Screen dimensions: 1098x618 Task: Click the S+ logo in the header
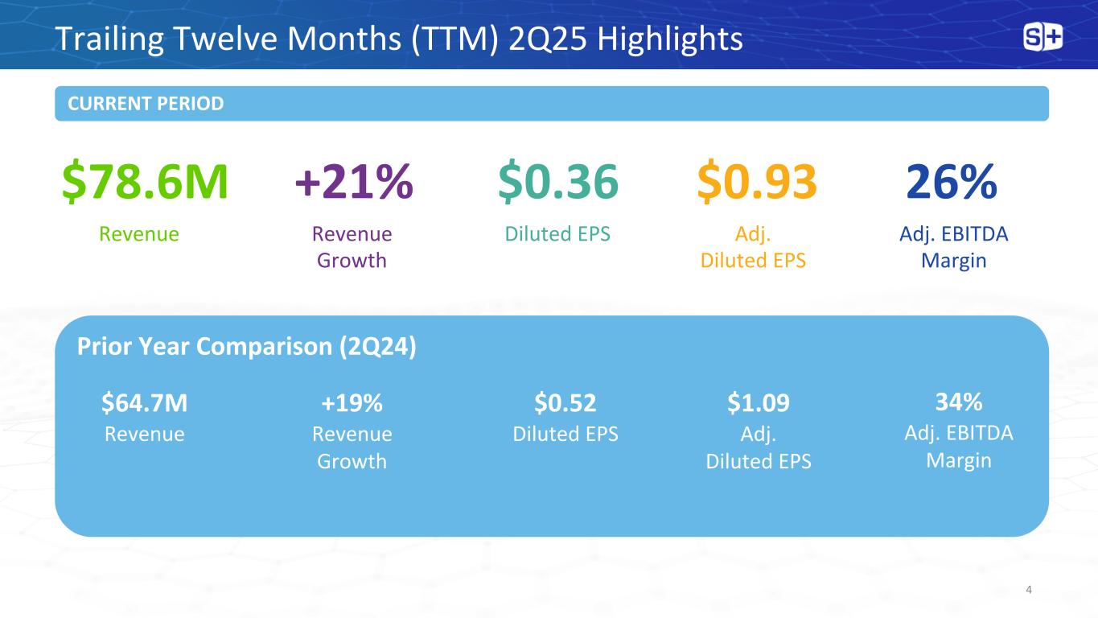[1042, 37]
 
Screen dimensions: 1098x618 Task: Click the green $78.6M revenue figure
[145, 181]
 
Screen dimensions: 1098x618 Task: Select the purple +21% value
[354, 181]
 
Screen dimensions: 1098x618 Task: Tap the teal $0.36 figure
[558, 181]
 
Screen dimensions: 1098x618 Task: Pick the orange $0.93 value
[757, 181]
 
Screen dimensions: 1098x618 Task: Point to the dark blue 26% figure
[952, 181]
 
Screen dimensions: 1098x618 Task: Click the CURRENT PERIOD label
[146, 104]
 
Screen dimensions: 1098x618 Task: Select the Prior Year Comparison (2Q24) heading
[247, 346]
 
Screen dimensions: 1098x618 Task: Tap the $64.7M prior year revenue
[145, 402]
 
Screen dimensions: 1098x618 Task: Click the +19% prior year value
[352, 403]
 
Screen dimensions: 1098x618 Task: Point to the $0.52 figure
[565, 402]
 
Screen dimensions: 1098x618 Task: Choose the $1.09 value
[759, 402]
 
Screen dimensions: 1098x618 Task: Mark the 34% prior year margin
[959, 402]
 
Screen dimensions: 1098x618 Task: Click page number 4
[1028, 590]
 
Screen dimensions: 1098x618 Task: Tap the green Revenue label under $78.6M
[139, 234]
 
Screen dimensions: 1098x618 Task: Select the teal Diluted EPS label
[557, 234]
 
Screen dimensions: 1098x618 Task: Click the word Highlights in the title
[669, 39]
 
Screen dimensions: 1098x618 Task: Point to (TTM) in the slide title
[454, 39]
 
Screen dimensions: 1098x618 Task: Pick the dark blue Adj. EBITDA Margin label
[954, 247]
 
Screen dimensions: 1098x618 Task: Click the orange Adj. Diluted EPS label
[753, 247]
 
